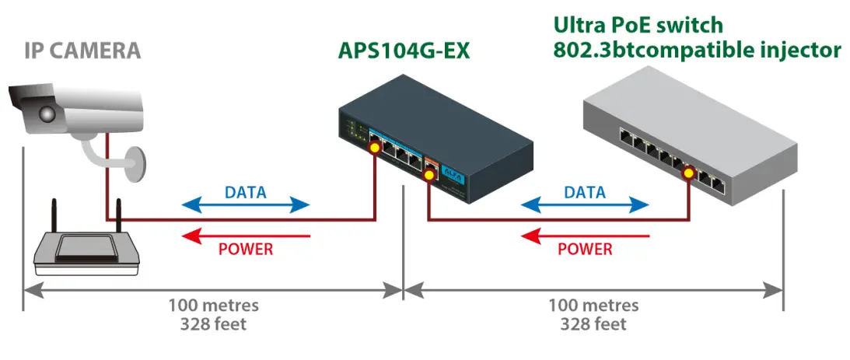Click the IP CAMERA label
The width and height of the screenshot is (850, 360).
(82, 51)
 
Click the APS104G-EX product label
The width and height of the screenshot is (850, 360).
(404, 51)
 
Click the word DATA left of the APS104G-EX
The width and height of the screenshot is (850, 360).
(245, 191)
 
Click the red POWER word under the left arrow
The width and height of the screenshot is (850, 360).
(246, 250)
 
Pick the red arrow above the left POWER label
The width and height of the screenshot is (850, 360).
(245, 236)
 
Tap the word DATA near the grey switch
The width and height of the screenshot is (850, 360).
(585, 191)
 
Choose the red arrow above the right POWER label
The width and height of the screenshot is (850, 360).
(585, 236)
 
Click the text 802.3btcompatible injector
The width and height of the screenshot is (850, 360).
(697, 51)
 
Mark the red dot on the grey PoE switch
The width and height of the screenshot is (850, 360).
(687, 173)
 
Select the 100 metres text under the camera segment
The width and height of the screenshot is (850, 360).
(214, 305)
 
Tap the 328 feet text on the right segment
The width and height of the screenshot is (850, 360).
(593, 323)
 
